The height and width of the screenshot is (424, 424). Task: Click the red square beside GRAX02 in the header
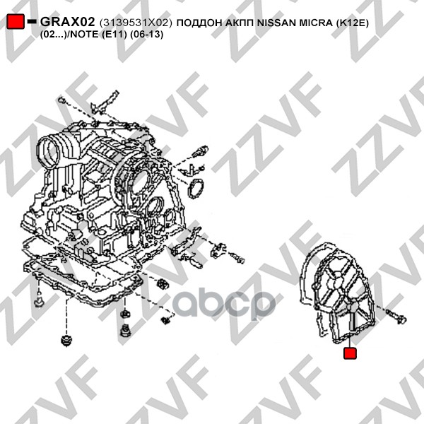(x=16, y=21)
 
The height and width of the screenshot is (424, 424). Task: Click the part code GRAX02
(x=68, y=22)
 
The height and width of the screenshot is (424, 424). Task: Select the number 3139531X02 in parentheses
(x=136, y=23)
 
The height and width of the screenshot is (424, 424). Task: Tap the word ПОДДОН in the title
(x=199, y=23)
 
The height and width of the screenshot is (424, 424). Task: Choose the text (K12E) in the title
(x=353, y=23)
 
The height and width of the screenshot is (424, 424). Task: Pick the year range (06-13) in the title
(x=146, y=35)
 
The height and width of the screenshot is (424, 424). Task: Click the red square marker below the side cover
(x=350, y=353)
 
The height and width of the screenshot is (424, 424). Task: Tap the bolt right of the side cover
(x=396, y=317)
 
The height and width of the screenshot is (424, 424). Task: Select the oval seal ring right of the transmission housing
(x=195, y=189)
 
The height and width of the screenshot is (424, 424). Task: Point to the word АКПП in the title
(x=240, y=23)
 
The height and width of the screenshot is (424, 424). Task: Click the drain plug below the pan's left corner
(x=39, y=300)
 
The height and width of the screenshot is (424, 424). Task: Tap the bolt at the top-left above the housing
(x=61, y=100)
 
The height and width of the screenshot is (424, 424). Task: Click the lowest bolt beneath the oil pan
(x=66, y=341)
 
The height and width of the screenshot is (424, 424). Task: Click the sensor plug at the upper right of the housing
(x=199, y=151)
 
